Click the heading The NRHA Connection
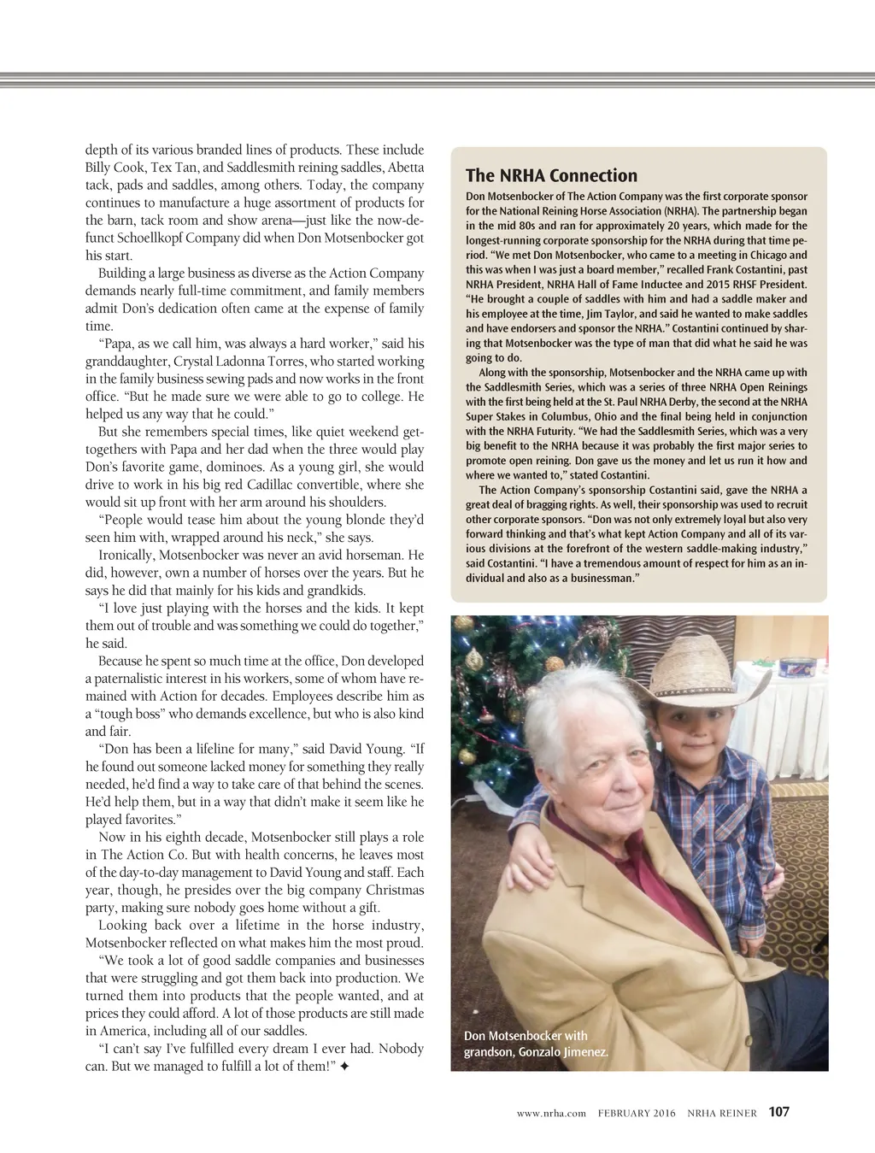point(551,176)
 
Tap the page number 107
point(778,1112)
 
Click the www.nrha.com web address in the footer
point(551,1113)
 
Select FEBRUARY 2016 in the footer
point(637,1113)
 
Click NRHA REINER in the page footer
point(722,1113)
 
